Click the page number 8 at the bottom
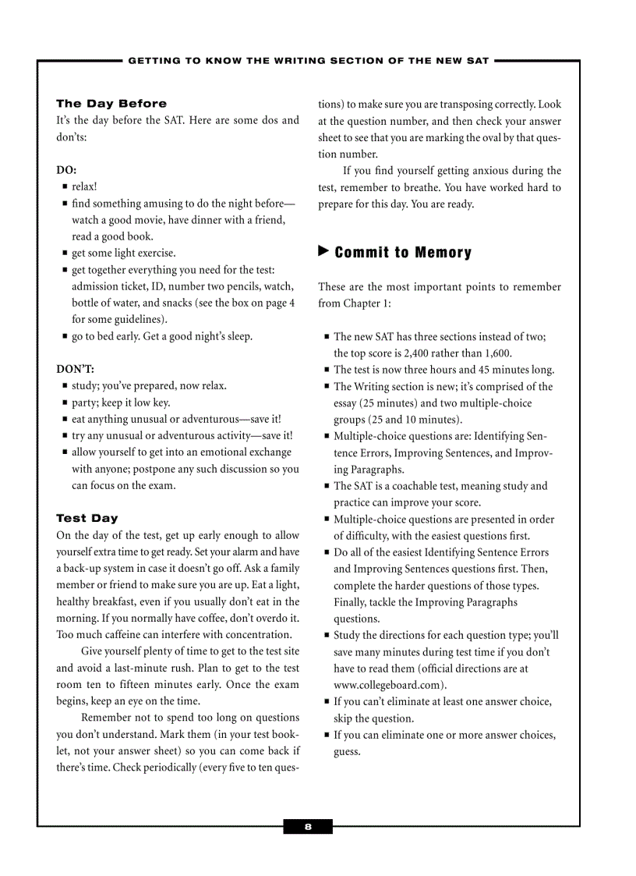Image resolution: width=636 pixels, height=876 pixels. coord(308,827)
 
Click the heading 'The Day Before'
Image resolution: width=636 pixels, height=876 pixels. coord(111,104)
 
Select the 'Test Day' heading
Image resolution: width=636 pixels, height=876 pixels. coord(87,518)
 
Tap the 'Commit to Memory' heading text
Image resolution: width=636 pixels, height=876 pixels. coord(403,253)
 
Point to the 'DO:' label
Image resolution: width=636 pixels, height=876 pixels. coord(66,170)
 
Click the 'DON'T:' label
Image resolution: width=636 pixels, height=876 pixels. coord(75,369)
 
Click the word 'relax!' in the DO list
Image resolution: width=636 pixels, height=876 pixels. coord(85,186)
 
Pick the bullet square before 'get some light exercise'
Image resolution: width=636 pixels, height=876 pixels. coord(65,254)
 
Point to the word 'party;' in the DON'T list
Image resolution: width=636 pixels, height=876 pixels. coord(86,403)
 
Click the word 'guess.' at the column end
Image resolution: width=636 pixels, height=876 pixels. coord(347,752)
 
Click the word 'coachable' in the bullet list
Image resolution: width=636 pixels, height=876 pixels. coord(418,486)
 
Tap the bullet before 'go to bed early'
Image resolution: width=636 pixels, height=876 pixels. coord(65,337)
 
